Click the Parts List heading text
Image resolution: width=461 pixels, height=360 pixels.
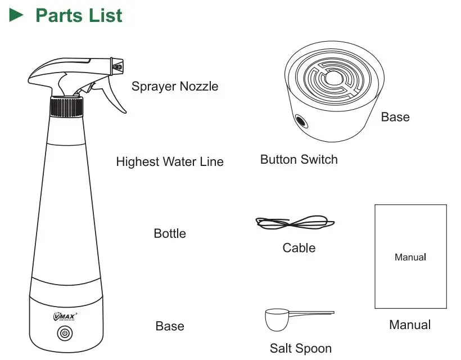(79, 15)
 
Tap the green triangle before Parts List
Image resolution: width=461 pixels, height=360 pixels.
(16, 15)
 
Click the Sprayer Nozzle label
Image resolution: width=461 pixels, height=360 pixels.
(175, 86)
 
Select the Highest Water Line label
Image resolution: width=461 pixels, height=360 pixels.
(170, 162)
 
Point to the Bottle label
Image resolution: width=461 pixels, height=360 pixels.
(170, 233)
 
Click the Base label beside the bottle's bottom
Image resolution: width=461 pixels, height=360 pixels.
(170, 326)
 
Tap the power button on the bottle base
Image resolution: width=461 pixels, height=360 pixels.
(66, 333)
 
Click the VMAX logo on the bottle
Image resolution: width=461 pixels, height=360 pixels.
(66, 316)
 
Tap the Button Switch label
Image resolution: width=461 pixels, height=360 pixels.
(299, 160)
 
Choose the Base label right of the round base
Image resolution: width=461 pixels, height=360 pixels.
(395, 117)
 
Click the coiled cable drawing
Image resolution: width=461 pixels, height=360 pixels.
(295, 223)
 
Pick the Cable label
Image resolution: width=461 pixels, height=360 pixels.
(299, 248)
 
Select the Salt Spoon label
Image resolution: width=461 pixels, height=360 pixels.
(301, 349)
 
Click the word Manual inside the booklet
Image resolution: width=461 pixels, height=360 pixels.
(410, 258)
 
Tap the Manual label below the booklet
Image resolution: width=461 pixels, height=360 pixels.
(410, 325)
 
